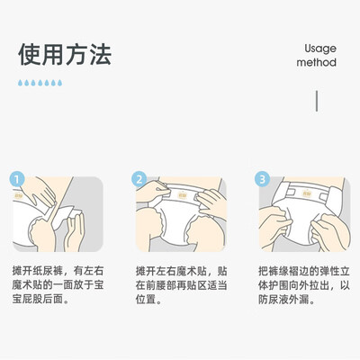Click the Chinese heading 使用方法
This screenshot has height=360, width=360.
point(65,54)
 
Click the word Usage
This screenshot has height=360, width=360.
point(320,49)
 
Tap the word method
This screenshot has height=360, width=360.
point(316,62)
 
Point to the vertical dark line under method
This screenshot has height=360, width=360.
point(317,101)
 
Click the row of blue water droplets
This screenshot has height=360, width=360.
point(40,83)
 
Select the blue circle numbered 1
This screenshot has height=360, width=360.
point(16,179)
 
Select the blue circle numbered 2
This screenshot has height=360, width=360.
point(139,179)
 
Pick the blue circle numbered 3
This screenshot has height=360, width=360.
point(262,179)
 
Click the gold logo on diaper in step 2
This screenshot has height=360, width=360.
point(183,195)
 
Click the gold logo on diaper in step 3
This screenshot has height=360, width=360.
point(307,193)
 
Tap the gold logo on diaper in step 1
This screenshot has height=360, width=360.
point(18,195)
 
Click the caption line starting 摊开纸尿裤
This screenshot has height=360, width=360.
point(58,271)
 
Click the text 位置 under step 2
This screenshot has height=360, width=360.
point(146,300)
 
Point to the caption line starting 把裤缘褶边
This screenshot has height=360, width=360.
point(304,271)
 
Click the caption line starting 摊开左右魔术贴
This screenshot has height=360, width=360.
point(181,271)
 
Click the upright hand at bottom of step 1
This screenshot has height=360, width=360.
point(74,231)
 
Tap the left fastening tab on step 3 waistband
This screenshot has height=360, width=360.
point(291,193)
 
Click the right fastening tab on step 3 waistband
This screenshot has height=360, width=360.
point(324,196)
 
